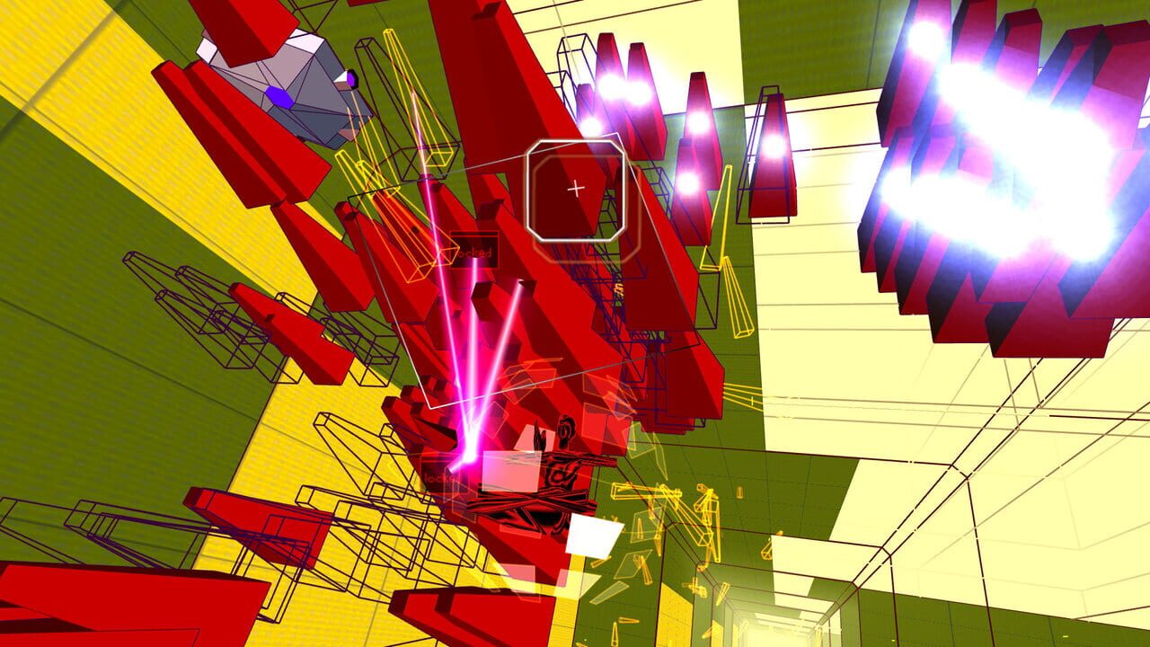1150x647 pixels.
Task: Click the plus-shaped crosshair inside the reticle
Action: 575,189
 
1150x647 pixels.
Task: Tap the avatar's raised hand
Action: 540,439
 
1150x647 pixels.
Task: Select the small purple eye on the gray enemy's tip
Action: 352,80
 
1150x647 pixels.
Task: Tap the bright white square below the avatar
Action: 594,536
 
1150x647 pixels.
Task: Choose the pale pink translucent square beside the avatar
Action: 509,471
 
